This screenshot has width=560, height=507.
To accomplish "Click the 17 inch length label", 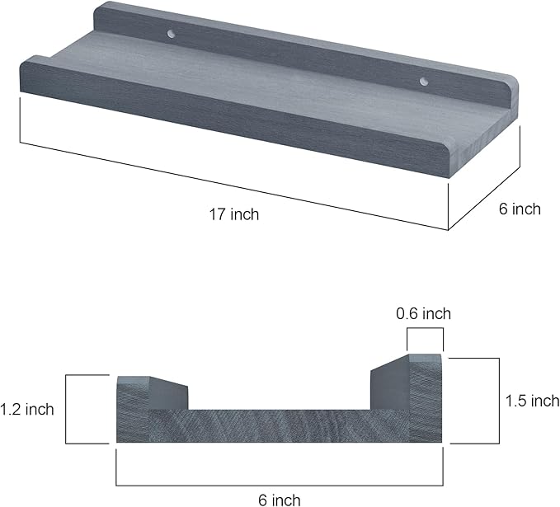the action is (234, 214).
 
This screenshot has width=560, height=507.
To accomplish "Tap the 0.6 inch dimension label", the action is (424, 313).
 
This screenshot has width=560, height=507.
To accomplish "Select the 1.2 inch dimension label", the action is (27, 409).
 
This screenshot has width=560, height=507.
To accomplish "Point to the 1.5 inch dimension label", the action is (532, 401).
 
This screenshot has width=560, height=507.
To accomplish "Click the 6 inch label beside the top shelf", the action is (520, 209).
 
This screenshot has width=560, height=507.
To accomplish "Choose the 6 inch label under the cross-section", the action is (280, 500).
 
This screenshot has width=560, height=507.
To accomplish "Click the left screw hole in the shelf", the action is (172, 34).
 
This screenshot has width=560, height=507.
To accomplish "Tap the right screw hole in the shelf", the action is (424, 82).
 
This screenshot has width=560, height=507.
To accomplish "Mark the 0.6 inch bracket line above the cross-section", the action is (425, 328).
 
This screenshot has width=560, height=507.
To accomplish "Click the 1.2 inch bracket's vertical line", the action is (66, 409).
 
